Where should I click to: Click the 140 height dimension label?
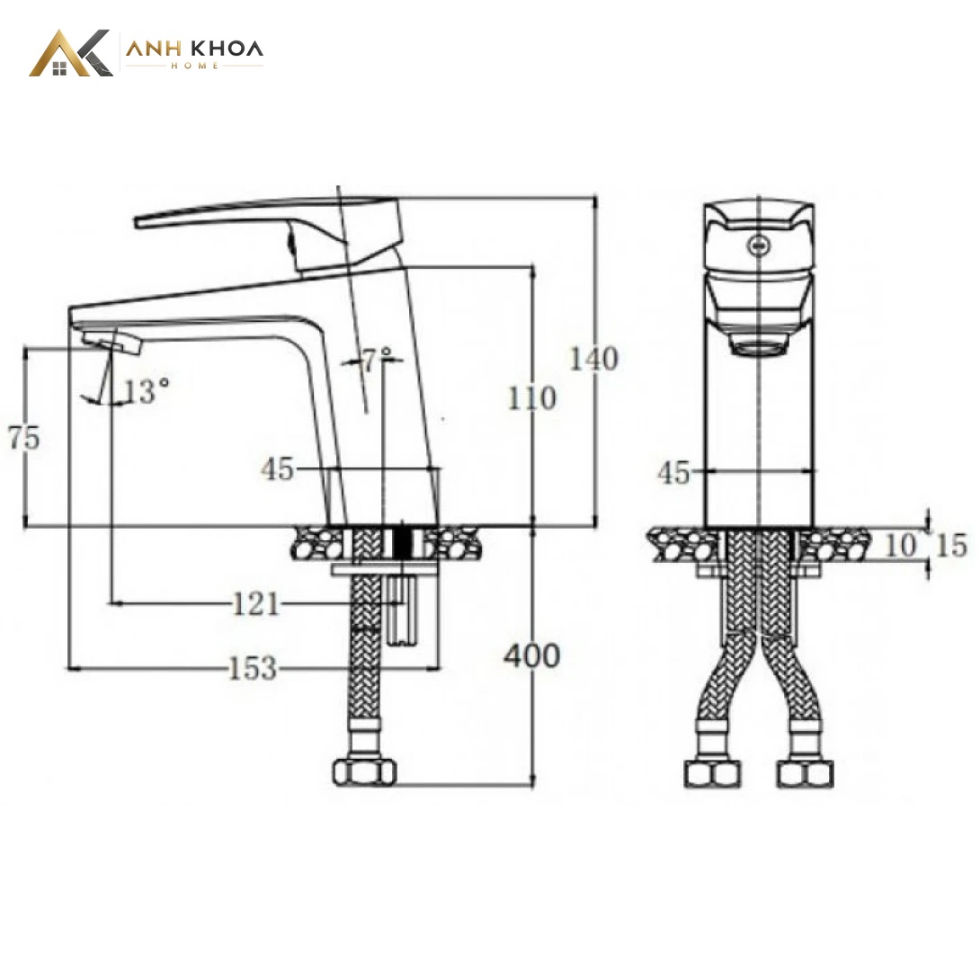pos(593,360)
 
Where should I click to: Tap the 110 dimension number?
pos(532,399)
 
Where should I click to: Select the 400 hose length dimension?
pos(532,656)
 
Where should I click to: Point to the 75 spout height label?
pos(24,438)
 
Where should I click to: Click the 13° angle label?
pos(147,392)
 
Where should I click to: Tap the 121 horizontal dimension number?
pos(255,604)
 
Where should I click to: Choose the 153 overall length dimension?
pos(253,668)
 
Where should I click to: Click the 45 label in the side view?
pos(278,468)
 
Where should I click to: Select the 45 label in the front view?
pos(673,473)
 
